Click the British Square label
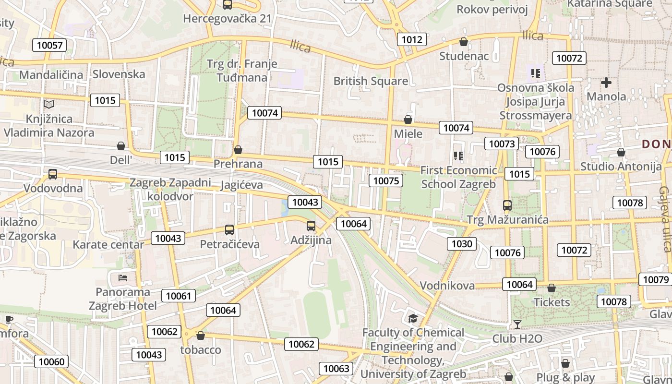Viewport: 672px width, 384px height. (371, 81)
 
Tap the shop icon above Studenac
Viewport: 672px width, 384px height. (464, 42)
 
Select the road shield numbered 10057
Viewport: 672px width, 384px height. (49, 46)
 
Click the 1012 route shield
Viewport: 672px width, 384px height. (412, 39)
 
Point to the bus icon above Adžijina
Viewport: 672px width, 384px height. (311, 226)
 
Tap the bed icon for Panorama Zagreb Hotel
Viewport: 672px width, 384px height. (123, 278)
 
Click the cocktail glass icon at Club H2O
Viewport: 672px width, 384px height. (517, 324)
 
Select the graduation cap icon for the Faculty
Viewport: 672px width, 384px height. (413, 318)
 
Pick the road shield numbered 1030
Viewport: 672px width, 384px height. (462, 244)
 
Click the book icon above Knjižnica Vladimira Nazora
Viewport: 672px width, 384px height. (49, 104)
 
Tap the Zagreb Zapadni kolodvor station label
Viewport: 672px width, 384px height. (170, 189)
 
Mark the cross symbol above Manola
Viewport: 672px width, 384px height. (606, 83)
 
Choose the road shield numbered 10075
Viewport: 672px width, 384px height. (386, 180)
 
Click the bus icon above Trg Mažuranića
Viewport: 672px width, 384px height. (507, 205)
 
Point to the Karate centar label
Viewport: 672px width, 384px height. (108, 245)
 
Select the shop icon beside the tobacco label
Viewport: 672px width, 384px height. (201, 336)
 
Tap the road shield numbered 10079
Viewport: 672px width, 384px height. (655, 279)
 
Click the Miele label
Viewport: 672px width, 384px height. (408, 133)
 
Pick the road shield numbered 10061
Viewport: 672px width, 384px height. (179, 296)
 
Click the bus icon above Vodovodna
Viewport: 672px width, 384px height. (53, 174)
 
